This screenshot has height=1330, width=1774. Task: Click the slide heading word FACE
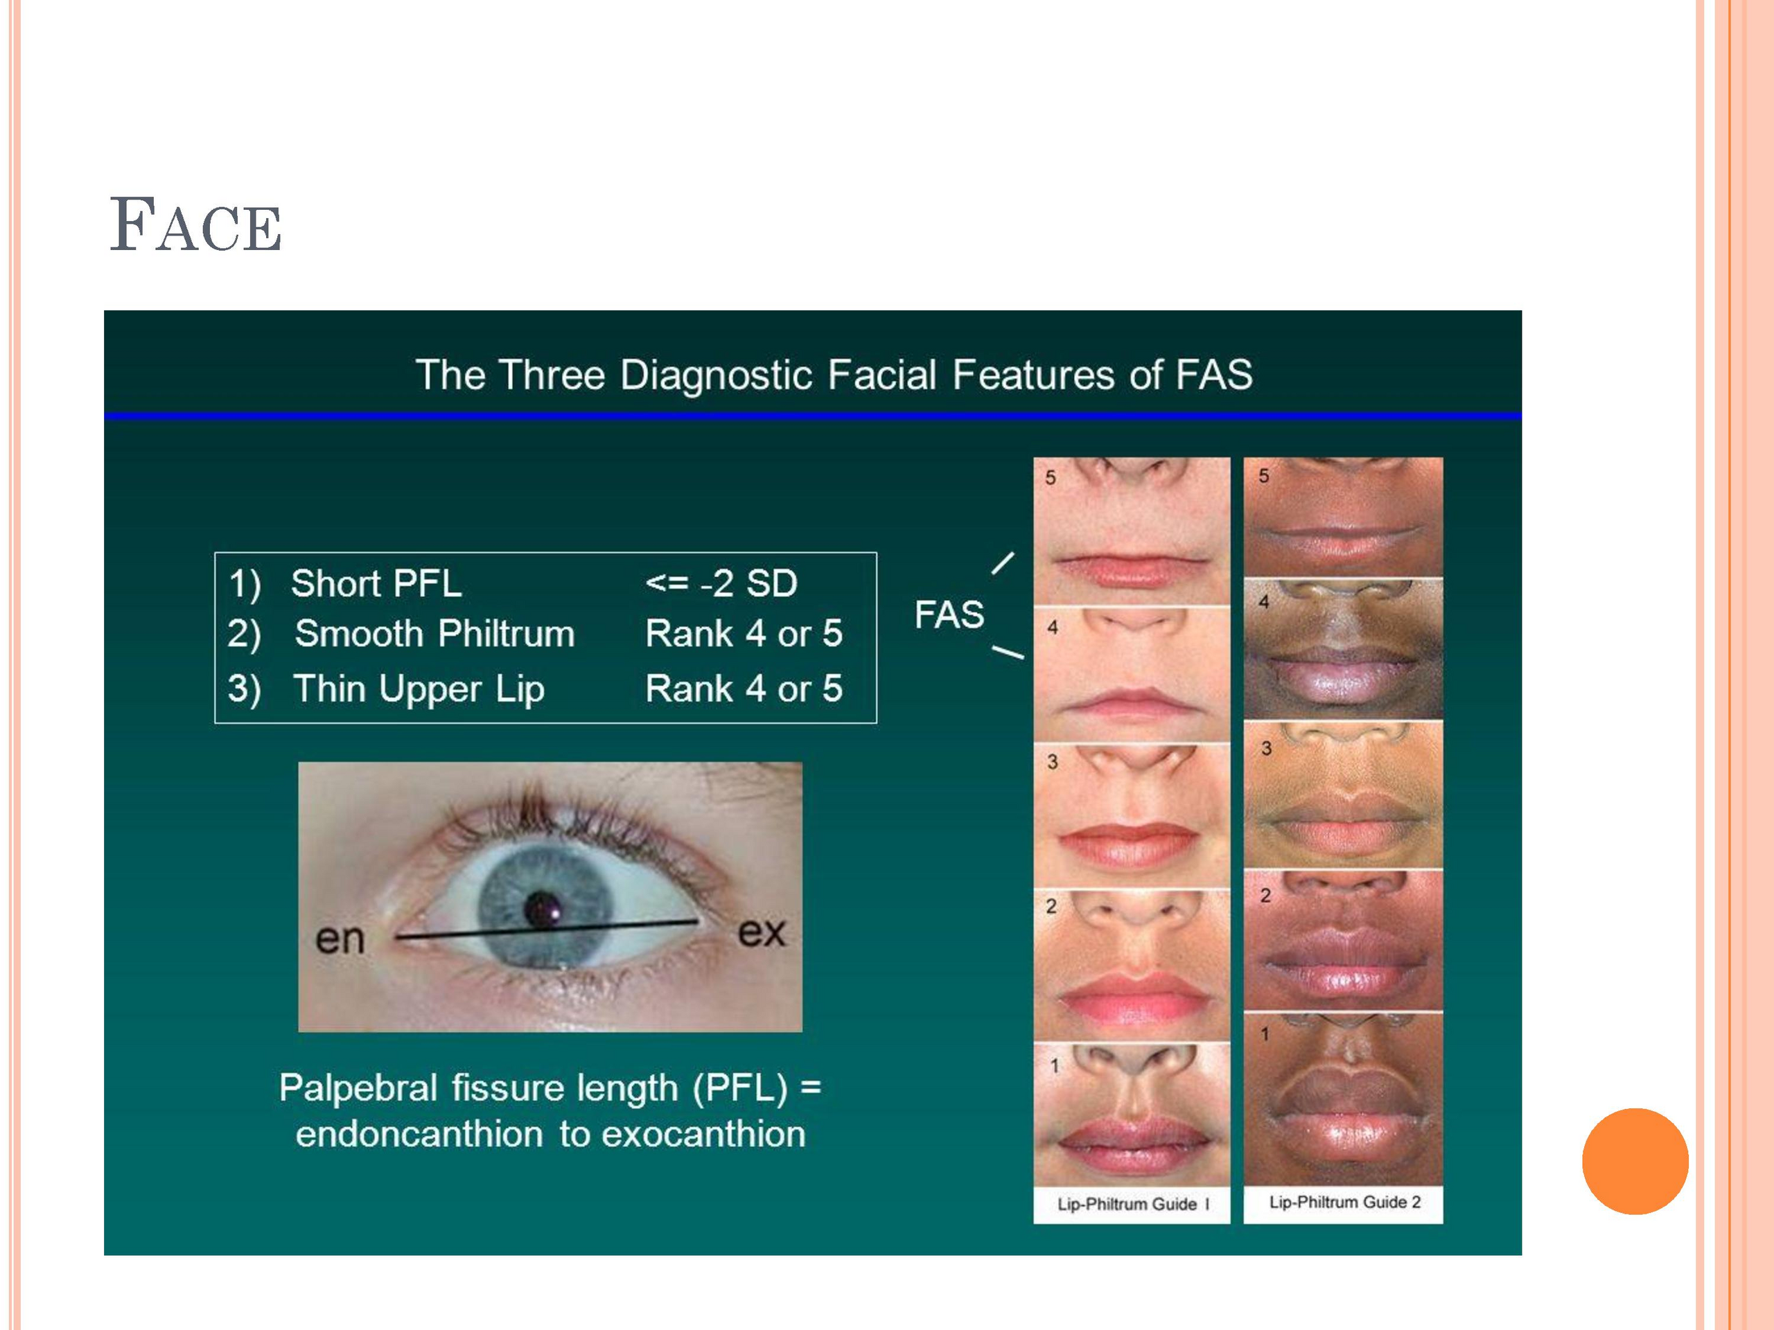tap(195, 224)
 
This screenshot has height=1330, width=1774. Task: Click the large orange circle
tap(1635, 1161)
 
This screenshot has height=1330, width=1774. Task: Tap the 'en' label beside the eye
tap(340, 939)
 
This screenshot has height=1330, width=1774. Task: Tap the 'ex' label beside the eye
tap(761, 932)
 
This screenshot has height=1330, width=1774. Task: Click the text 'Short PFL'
tap(376, 583)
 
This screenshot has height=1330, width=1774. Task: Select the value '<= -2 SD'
tap(721, 583)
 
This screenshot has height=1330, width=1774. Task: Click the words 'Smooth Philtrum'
tap(434, 633)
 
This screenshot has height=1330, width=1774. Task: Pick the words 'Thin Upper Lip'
tap(419, 689)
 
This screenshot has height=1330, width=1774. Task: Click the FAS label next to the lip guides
tap(949, 615)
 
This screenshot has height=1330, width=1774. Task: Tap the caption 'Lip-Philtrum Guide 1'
tap(1132, 1204)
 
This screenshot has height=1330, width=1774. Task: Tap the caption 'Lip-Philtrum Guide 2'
tap(1344, 1202)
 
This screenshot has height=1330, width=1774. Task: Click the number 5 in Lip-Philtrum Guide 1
tap(1051, 478)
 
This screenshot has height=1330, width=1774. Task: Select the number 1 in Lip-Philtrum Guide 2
tap(1265, 1034)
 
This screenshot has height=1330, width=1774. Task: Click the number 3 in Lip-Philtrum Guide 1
tap(1052, 761)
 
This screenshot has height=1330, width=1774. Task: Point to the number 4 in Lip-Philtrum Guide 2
tap(1264, 601)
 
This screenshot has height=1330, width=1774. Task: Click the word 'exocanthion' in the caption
tap(703, 1133)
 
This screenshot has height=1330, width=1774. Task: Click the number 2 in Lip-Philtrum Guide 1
tap(1051, 906)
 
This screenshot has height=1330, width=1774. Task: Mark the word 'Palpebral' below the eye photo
tap(358, 1088)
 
